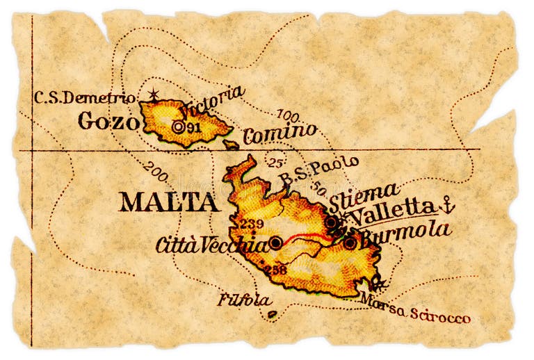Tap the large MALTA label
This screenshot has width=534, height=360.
click(168, 202)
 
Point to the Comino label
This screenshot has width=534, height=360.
click(280, 131)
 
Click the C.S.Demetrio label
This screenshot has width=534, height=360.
click(84, 97)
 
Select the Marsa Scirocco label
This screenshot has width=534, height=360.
click(415, 313)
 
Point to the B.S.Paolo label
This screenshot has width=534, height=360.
click(319, 170)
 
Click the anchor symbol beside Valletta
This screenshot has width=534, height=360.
click(448, 204)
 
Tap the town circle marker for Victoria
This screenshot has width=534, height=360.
click(179, 127)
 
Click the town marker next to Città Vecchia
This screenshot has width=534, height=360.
click(276, 243)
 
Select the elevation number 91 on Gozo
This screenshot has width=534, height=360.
click(194, 127)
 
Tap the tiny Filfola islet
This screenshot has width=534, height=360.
click(272, 314)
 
